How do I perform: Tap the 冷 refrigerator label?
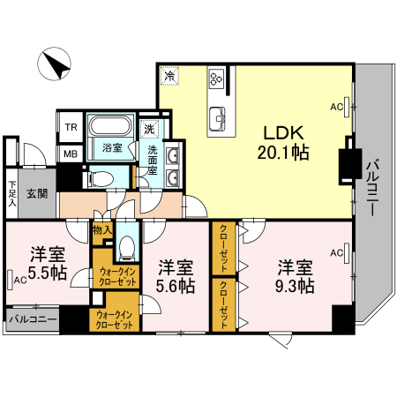click(169, 77)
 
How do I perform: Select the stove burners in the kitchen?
click(214, 79)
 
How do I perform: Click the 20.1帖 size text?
click(282, 154)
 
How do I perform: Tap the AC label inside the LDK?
click(335, 107)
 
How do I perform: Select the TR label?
click(70, 126)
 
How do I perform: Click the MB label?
click(70, 154)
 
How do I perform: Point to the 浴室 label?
click(111, 147)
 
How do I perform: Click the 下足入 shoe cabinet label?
click(12, 192)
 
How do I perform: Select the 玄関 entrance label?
click(36, 193)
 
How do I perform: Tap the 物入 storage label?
click(101, 230)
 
